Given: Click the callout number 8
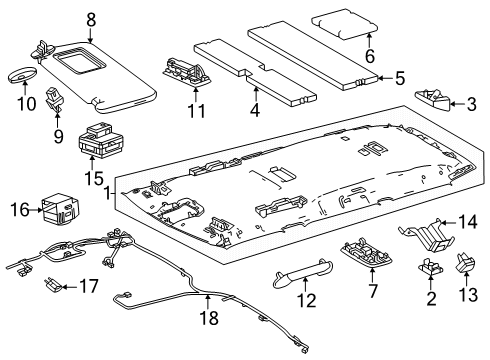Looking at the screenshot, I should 91,18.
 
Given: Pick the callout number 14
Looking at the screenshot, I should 464,223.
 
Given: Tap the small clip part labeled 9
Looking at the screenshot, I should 55,99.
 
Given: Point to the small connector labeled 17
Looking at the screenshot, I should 53,287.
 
